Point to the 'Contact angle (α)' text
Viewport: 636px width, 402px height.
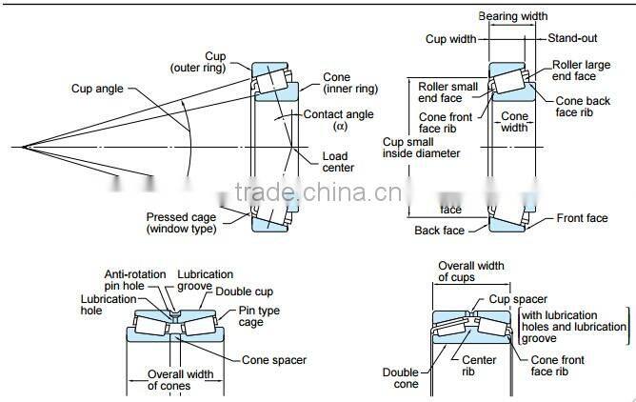tap(339, 120)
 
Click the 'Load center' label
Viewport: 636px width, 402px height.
tap(340, 161)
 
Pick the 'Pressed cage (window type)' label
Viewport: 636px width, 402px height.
tap(182, 222)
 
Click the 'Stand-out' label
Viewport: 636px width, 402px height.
tap(572, 38)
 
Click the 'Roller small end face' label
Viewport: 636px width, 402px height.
tap(447, 93)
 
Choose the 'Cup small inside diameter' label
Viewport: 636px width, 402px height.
tap(421, 148)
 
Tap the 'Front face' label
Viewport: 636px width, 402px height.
tap(583, 218)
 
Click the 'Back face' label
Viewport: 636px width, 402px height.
tap(440, 231)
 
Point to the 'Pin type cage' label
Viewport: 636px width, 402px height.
tap(260, 316)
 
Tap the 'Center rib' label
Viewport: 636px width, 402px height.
tap(479, 367)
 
